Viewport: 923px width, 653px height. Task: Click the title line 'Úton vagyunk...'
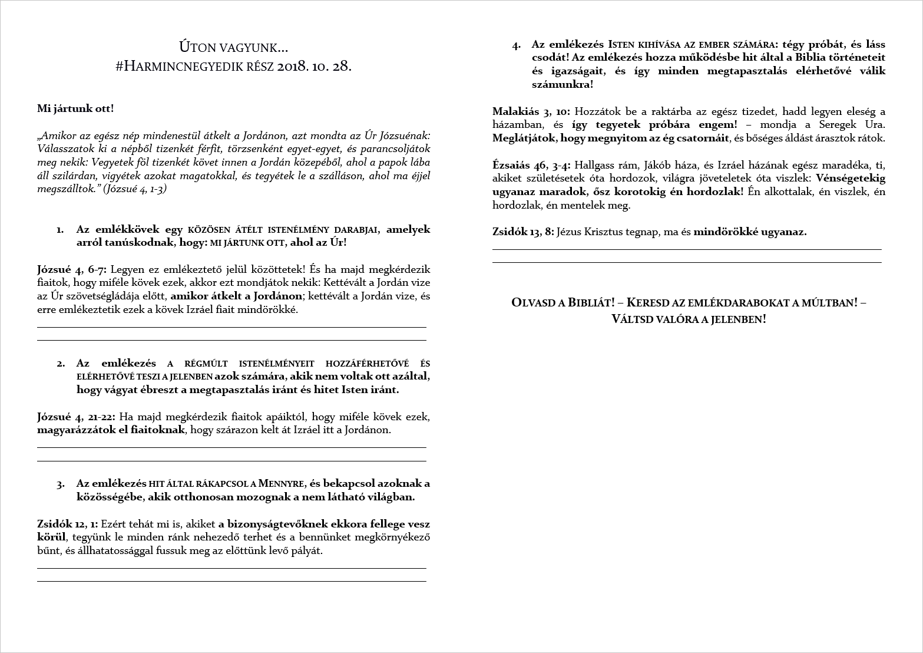point(234,47)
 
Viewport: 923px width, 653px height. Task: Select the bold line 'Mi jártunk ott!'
point(75,108)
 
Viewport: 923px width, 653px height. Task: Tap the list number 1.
point(60,230)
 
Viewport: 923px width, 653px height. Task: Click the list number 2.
point(61,364)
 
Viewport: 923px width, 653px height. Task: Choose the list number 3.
point(61,484)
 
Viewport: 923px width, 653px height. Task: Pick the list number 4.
point(517,45)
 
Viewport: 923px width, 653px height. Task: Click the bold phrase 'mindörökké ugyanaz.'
point(750,232)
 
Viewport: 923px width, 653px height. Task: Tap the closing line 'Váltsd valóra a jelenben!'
point(689,319)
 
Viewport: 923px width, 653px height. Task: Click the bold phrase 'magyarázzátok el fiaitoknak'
point(111,430)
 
